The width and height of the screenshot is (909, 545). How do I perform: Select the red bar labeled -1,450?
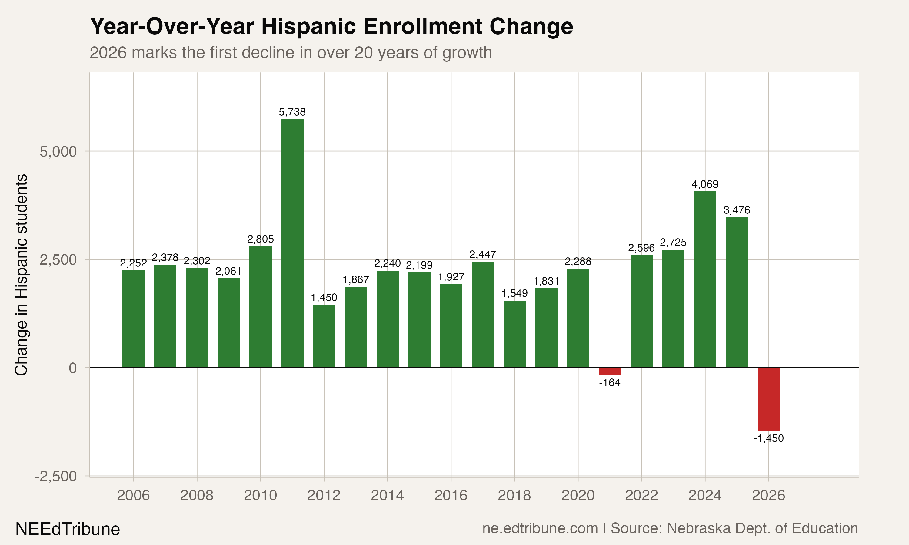point(768,399)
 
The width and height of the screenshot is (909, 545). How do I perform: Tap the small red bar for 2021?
point(610,371)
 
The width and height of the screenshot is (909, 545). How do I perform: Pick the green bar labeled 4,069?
point(705,279)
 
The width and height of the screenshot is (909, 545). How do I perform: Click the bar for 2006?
point(133,319)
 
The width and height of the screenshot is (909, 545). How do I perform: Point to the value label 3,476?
point(737,210)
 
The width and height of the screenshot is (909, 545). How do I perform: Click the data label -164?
point(610,383)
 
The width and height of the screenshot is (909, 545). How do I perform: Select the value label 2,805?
point(261,239)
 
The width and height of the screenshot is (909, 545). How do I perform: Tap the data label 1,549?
point(514,293)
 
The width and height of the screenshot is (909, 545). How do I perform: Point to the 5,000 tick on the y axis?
point(58,151)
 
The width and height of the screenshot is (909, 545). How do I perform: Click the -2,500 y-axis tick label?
point(56,476)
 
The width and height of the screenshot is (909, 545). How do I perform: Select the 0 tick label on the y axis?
point(72,368)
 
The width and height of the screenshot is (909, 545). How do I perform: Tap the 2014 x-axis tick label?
point(387,495)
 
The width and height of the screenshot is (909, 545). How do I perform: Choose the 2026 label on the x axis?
point(768,495)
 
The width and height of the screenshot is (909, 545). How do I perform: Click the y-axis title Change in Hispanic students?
point(21,275)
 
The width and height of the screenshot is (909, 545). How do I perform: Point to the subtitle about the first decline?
point(291,52)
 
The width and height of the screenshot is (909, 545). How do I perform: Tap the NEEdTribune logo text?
point(68,529)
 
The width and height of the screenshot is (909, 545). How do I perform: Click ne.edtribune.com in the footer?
point(540,528)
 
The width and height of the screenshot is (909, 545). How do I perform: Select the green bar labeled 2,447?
point(482,314)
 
